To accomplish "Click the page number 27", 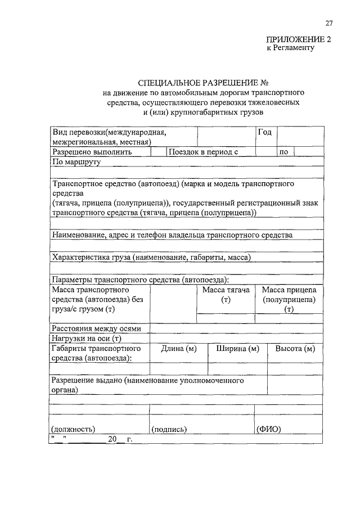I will coord(328,23).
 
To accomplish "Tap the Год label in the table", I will coord(265,133).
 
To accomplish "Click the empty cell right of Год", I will coord(301,136).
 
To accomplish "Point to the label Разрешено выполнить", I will coord(92,152).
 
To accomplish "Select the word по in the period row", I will coord(283,152).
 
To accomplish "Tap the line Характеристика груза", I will coord(151,257).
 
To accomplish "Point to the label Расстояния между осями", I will coord(101,328).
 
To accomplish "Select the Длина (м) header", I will coord(178,349).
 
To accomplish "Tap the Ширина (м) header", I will coord(237,349).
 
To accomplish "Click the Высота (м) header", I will coord(295,349).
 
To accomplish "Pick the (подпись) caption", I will coord(169,429).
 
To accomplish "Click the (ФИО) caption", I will coord(269,429).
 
